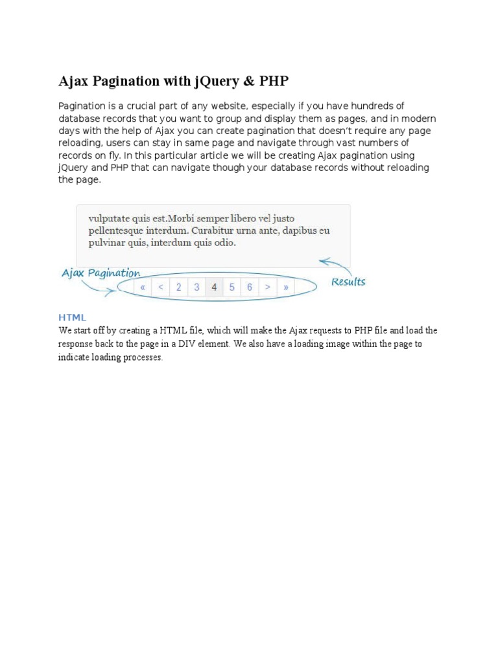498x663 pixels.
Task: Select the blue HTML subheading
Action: tap(72, 317)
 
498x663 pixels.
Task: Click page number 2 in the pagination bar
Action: tap(178, 287)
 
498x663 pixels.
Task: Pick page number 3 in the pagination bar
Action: tap(196, 287)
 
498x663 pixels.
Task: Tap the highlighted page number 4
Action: tap(214, 287)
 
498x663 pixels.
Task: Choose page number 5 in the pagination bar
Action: tap(231, 287)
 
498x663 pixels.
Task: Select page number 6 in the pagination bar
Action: tap(250, 287)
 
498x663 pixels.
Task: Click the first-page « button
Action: tap(142, 287)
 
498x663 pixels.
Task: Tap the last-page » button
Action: tap(285, 287)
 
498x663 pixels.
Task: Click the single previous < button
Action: tap(160, 287)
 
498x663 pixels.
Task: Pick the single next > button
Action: tap(267, 287)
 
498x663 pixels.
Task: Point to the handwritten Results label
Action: tap(348, 282)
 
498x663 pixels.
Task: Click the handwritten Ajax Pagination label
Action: tap(101, 273)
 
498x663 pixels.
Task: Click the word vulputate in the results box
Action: tap(111, 219)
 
